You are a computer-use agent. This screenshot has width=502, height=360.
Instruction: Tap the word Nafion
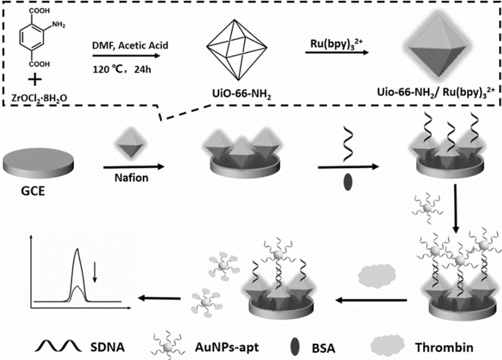(131, 178)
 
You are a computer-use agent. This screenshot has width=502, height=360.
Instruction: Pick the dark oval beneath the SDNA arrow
(348, 182)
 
